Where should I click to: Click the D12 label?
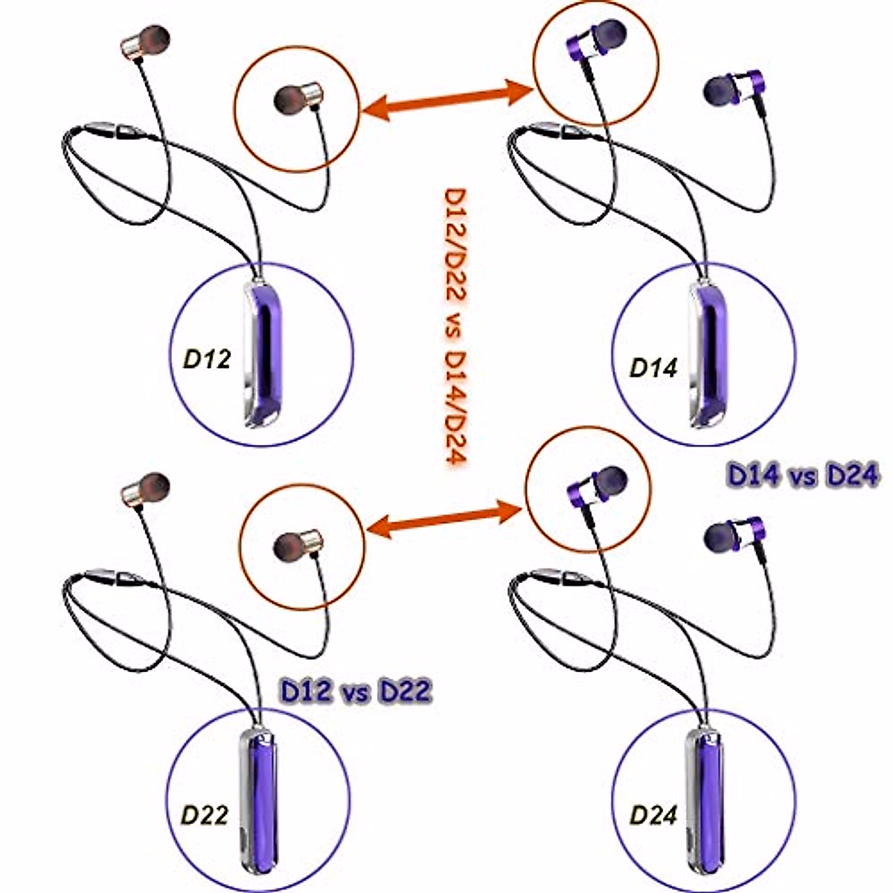click(x=207, y=360)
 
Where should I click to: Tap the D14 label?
click(x=653, y=368)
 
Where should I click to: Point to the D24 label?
click(x=653, y=816)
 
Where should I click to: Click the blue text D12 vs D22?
click(x=355, y=692)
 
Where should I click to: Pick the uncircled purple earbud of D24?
click(x=733, y=534)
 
